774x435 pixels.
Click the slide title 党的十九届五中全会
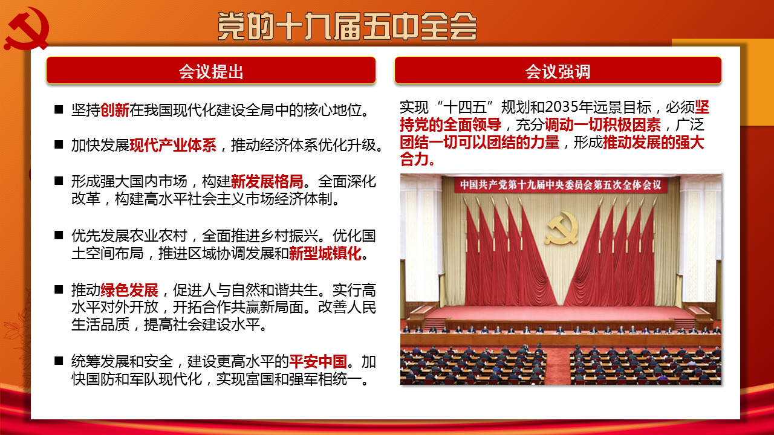click(x=347, y=26)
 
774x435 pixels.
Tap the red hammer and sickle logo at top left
click(x=27, y=28)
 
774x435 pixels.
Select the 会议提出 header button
click(x=211, y=71)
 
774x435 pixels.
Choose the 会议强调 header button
click(x=558, y=71)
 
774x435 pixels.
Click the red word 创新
click(x=115, y=110)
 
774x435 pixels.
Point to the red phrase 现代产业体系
click(x=173, y=146)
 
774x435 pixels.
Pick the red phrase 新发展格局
click(x=267, y=181)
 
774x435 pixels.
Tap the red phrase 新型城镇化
click(x=325, y=253)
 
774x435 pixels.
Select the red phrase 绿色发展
click(x=129, y=290)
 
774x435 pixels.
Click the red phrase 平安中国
click(x=318, y=362)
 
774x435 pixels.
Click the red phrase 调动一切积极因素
click(x=603, y=125)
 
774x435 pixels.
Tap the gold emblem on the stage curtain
click(x=562, y=228)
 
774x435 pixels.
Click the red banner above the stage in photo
click(x=561, y=185)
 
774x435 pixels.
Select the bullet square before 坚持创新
click(x=59, y=109)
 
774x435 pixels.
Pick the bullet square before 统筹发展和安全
click(x=59, y=361)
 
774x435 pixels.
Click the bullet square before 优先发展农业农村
click(x=59, y=235)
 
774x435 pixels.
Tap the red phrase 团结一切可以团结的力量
click(x=480, y=142)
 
